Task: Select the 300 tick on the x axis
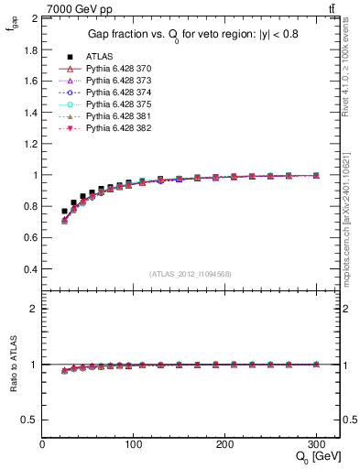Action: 317,444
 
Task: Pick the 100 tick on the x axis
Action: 134,444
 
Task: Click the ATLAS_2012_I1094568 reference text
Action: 189,273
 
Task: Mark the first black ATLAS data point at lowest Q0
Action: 64,212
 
